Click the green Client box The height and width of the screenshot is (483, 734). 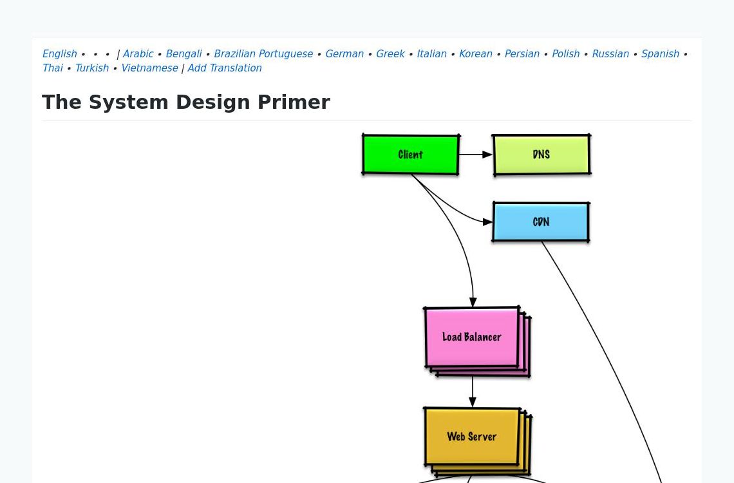411,155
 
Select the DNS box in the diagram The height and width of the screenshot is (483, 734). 541,155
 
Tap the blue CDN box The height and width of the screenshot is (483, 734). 541,222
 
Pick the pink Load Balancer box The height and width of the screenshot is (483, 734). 472,337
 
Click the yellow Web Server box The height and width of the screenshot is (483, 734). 472,437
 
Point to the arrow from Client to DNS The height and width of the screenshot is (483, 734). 475,155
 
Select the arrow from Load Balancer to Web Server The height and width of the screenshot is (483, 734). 473,392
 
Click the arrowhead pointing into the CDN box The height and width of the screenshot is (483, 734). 488,222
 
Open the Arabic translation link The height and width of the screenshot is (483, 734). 138,54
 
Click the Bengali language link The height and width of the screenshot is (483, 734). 183,54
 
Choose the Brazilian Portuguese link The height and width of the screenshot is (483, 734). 263,54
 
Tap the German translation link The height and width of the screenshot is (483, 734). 344,54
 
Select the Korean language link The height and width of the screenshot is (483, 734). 475,54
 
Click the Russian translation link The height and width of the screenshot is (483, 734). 610,54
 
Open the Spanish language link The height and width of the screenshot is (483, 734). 660,54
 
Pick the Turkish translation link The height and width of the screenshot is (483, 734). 91,68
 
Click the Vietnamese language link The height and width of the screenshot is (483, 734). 149,68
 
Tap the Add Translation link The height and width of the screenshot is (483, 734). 225,68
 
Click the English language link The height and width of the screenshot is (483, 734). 59,54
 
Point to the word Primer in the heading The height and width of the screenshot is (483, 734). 294,102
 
